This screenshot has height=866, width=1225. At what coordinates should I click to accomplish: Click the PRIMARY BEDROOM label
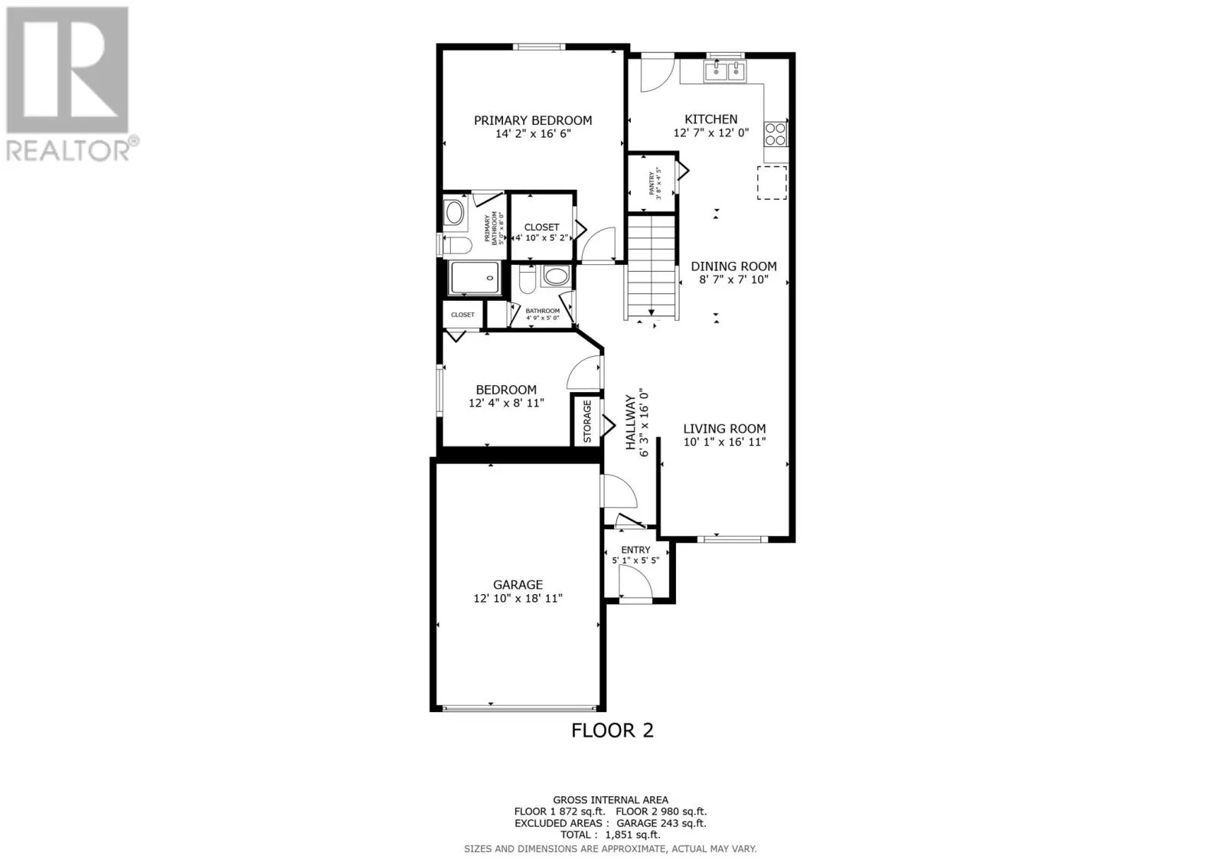tap(532, 120)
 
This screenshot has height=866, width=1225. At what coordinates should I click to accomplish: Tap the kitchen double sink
tap(724, 71)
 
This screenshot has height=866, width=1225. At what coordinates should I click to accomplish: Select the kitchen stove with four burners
tap(775, 134)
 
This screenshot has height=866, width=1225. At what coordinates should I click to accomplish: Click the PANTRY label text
tap(652, 184)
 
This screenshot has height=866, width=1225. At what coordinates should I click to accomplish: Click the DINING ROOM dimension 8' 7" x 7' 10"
tap(733, 280)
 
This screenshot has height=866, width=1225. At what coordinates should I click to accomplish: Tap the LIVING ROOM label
tap(724, 429)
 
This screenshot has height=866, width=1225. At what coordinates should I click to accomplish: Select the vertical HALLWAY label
tap(631, 423)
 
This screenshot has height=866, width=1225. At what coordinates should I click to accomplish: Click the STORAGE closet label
tap(587, 421)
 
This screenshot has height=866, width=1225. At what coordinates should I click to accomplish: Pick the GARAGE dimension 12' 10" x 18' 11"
tap(518, 598)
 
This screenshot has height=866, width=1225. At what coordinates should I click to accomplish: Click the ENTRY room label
tap(635, 550)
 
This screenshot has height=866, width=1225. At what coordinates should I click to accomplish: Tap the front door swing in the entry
tap(635, 585)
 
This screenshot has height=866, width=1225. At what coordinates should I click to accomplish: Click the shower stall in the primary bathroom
tap(475, 278)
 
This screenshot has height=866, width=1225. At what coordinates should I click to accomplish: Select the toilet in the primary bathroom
tap(457, 246)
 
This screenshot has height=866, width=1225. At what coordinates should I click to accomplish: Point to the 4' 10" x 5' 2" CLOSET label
tap(541, 227)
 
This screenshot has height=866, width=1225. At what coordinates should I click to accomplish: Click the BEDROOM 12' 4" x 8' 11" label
tap(506, 390)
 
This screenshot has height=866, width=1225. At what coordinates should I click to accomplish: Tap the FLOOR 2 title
tap(612, 730)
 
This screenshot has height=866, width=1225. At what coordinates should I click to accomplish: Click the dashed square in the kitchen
tap(772, 183)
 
